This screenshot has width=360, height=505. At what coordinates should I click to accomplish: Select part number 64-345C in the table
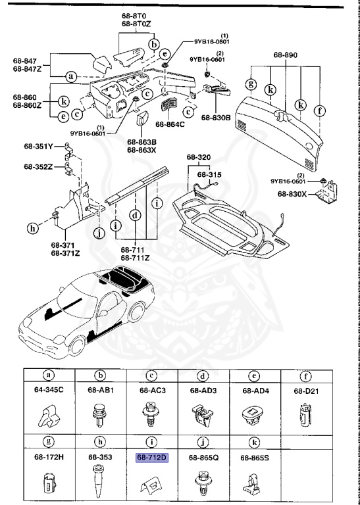(x=49, y=390)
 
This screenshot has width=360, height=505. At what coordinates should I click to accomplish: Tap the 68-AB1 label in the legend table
(x=101, y=390)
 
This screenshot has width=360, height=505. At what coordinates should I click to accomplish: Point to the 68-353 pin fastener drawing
(x=101, y=484)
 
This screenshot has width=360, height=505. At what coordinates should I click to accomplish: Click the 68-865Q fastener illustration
(x=203, y=485)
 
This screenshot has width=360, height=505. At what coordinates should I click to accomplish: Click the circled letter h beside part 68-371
(x=32, y=229)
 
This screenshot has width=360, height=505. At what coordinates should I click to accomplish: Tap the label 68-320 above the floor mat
(x=198, y=158)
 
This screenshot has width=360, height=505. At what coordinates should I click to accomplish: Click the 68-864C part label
(x=170, y=124)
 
